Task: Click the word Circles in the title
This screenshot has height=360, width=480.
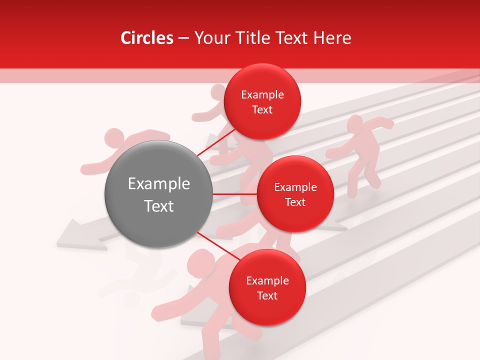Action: point(146,38)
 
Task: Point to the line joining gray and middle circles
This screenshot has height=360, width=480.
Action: point(235,194)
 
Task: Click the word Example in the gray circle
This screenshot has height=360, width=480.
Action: point(159,184)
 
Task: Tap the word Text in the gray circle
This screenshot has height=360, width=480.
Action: point(159,206)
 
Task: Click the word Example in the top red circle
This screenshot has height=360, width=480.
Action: point(262,95)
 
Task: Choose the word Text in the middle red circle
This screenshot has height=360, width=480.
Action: point(295,202)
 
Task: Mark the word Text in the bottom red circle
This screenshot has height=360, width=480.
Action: point(267,295)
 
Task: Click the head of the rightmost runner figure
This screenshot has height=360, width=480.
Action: point(354,123)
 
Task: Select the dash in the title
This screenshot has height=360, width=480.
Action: point(183,38)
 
